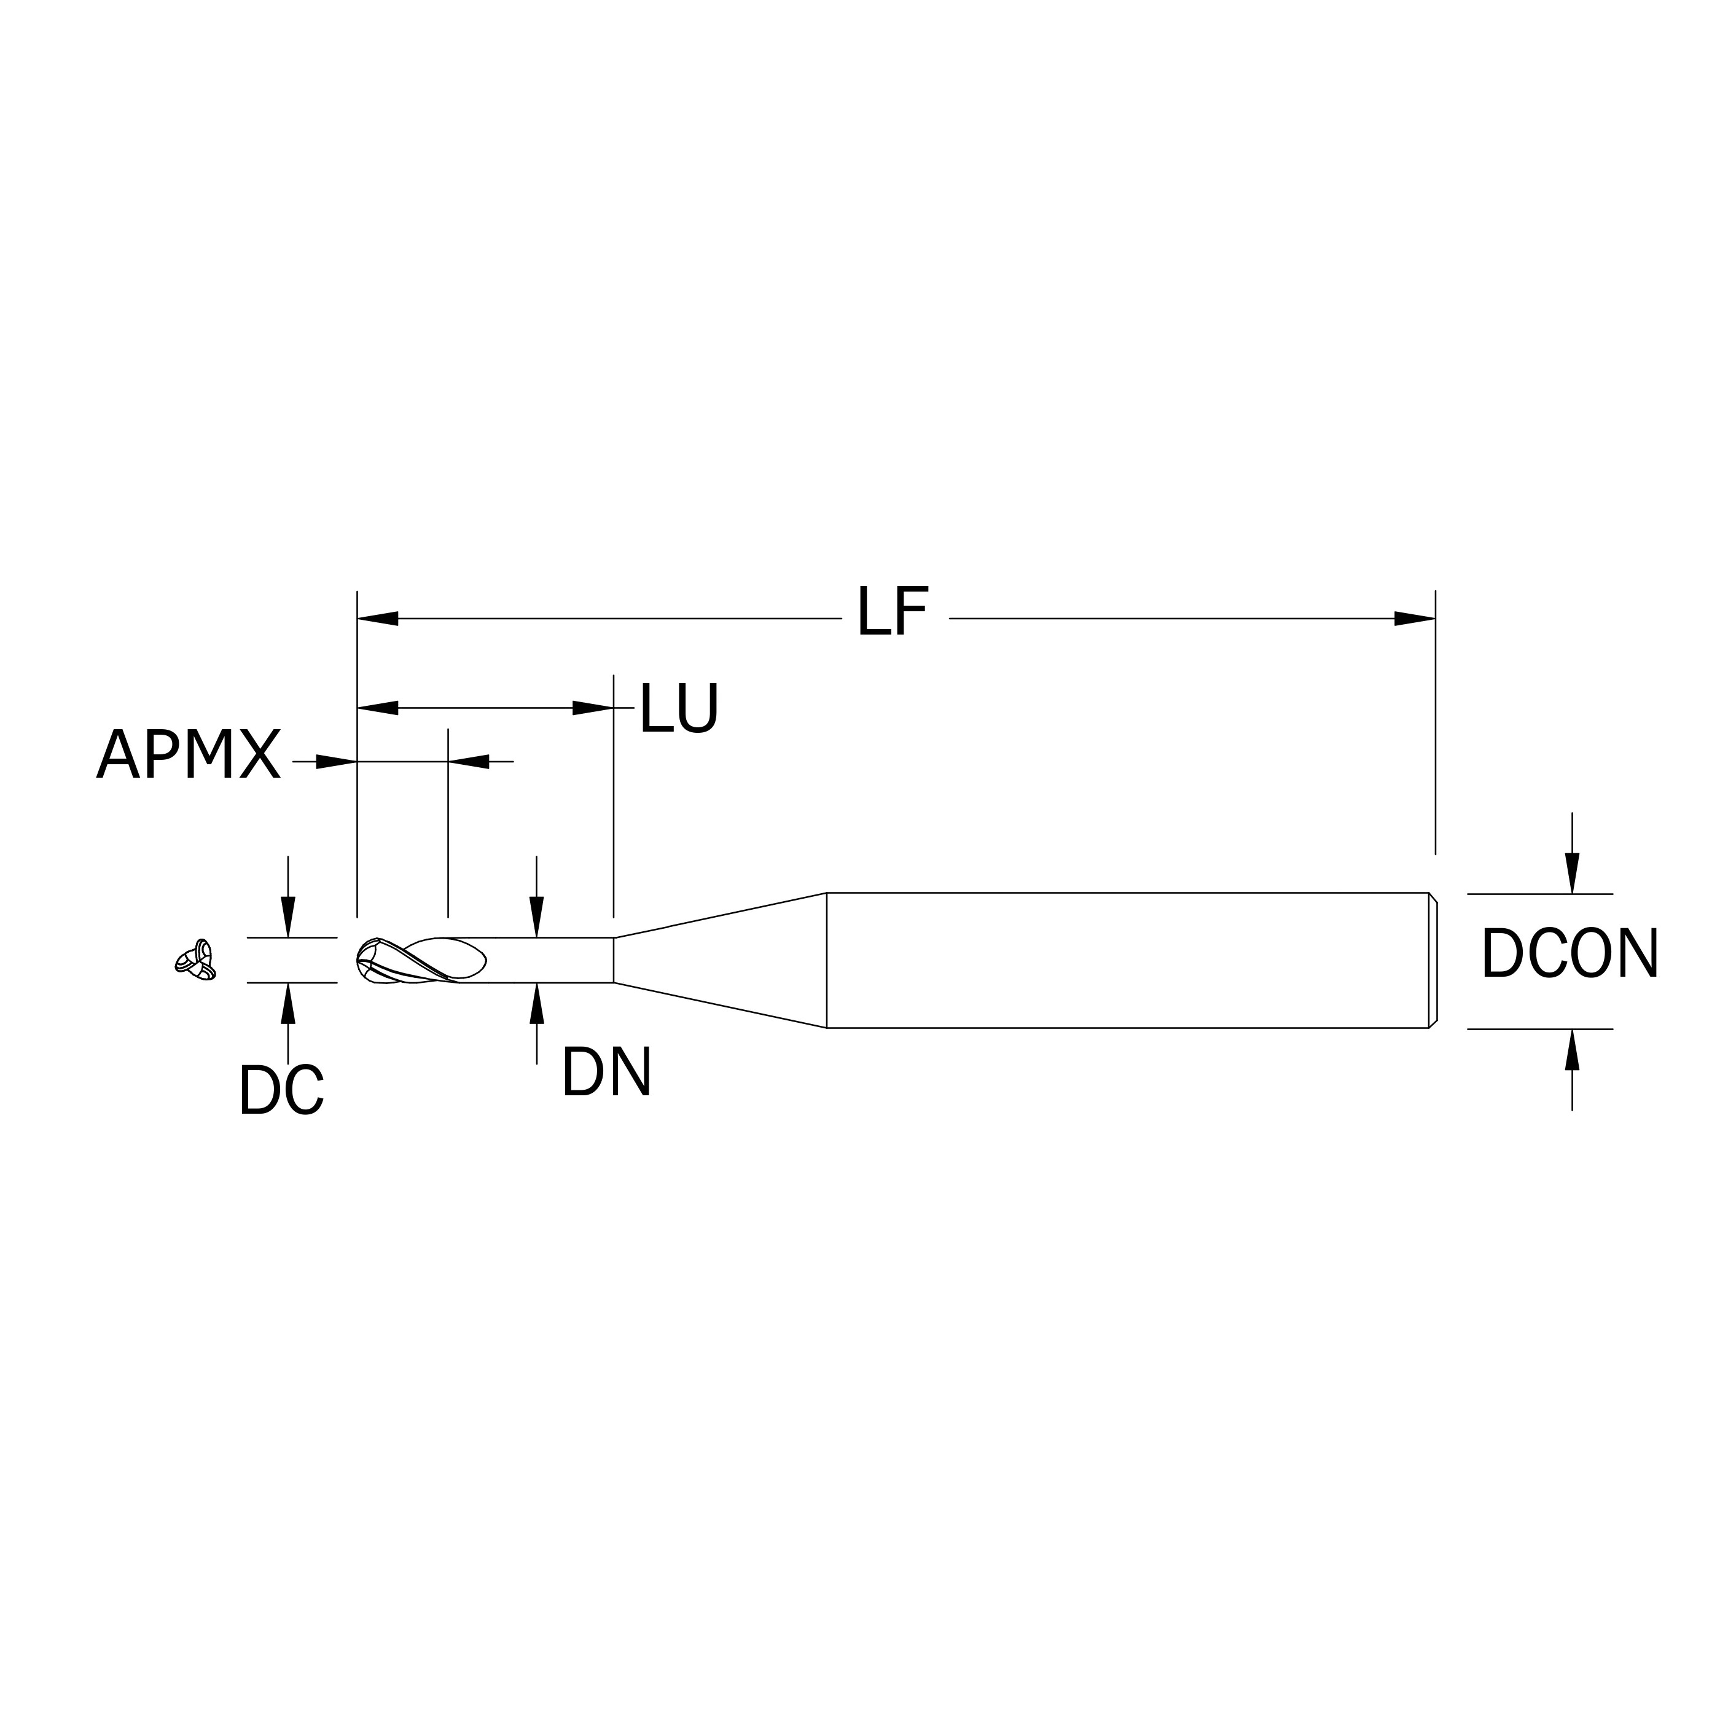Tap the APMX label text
tap(189, 754)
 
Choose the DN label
tap(606, 1073)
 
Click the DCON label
tap(1569, 955)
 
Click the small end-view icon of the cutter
tap(196, 961)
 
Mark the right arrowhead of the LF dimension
tap(1415, 619)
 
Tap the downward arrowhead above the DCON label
tap(1572, 872)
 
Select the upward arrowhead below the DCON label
tap(1572, 1050)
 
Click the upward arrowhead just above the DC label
tap(287, 1003)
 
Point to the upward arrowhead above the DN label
tap(537, 1003)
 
